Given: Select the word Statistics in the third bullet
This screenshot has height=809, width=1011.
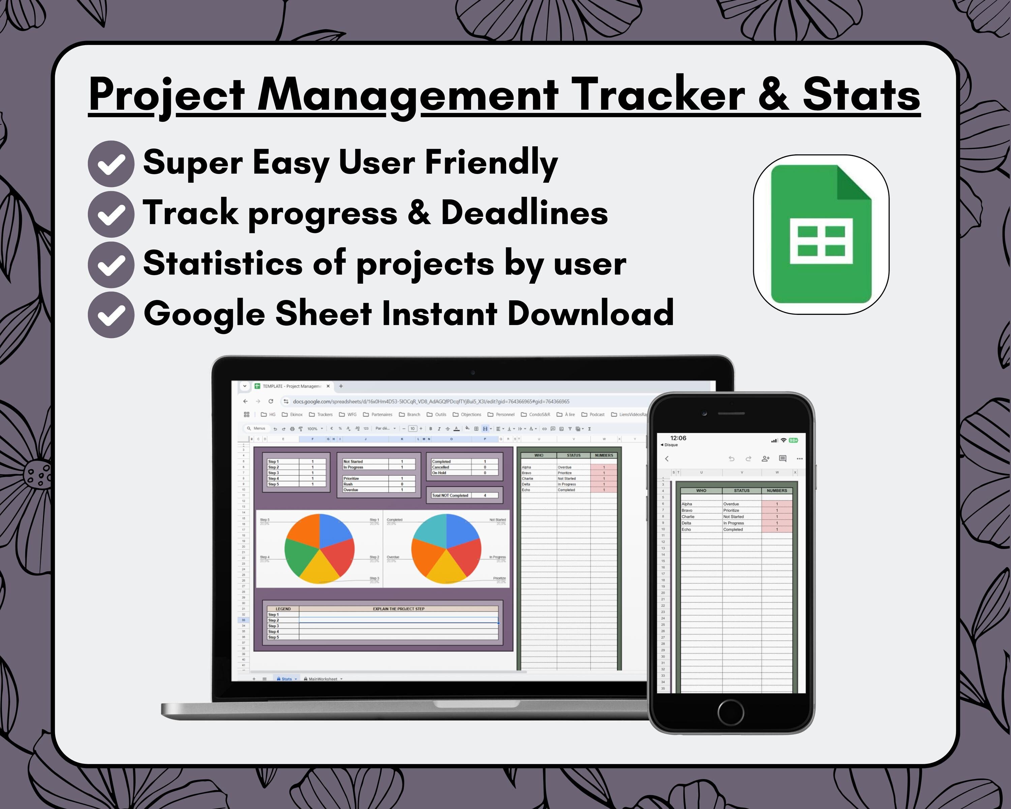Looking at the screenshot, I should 223,263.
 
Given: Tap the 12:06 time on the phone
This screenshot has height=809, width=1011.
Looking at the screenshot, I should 678,438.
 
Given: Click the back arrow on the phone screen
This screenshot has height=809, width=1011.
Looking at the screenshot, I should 667,459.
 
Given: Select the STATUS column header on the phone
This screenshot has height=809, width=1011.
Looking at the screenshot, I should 741,490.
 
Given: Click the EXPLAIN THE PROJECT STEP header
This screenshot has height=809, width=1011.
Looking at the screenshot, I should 399,609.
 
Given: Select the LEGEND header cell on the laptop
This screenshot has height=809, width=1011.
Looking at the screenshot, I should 283,609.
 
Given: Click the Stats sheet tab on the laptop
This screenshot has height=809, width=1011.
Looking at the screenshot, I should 286,679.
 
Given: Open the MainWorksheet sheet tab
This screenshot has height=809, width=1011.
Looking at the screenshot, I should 323,679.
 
